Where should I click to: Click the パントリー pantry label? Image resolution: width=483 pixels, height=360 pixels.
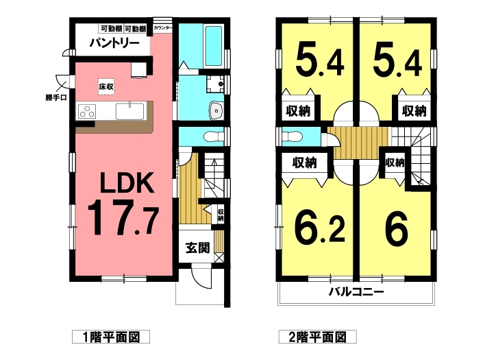[114, 43]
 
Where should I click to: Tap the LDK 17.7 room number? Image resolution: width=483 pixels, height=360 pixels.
[123, 217]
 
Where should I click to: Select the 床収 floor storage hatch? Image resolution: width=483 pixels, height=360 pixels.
[106, 86]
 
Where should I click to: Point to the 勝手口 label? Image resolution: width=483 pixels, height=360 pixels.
[56, 98]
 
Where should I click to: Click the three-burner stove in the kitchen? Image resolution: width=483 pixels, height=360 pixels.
[87, 112]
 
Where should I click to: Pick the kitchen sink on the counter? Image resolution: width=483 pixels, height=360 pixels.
[129, 111]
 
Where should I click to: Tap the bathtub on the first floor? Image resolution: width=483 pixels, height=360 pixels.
[213, 46]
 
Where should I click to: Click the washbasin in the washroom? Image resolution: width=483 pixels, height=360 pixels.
[216, 110]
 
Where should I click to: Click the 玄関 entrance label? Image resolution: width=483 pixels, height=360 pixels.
[197, 248]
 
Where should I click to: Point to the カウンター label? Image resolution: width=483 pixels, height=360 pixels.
[162, 28]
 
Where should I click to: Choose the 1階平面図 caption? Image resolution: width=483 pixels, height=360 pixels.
[111, 337]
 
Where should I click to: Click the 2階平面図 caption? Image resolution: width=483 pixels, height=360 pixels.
[318, 337]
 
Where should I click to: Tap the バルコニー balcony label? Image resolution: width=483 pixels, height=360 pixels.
[356, 291]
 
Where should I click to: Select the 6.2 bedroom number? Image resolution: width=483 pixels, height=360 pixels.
[319, 228]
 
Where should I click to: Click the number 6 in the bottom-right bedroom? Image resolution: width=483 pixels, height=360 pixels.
[397, 228]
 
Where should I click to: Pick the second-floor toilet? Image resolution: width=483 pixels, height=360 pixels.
[292, 136]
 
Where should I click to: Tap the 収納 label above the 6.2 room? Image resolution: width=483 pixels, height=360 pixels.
[304, 163]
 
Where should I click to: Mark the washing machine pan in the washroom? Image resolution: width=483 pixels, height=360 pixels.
[215, 84]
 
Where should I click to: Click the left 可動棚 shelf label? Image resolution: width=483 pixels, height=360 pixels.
[111, 29]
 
